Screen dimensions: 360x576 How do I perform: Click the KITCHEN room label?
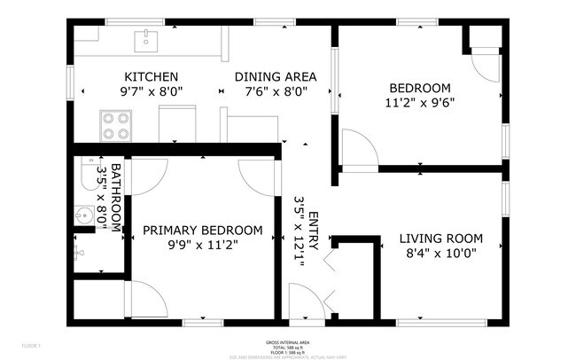[x=152, y=77]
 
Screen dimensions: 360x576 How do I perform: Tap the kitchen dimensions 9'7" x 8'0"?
[x=152, y=91]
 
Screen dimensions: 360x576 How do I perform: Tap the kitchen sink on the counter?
[x=146, y=40]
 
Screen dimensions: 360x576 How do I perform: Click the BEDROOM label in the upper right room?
[x=420, y=88]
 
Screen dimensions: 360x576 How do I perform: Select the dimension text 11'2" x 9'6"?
[x=420, y=102]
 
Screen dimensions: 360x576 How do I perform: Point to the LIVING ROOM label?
[x=440, y=239]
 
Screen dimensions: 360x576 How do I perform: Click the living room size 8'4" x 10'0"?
[x=440, y=253]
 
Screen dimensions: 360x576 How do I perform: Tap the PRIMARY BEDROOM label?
[x=203, y=231]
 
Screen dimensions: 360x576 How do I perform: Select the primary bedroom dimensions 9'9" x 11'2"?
[x=203, y=245]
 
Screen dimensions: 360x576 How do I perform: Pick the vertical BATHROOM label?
[x=115, y=197]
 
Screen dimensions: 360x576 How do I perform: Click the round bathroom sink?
[x=84, y=215]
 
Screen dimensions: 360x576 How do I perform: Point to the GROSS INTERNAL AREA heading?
[x=287, y=341]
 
